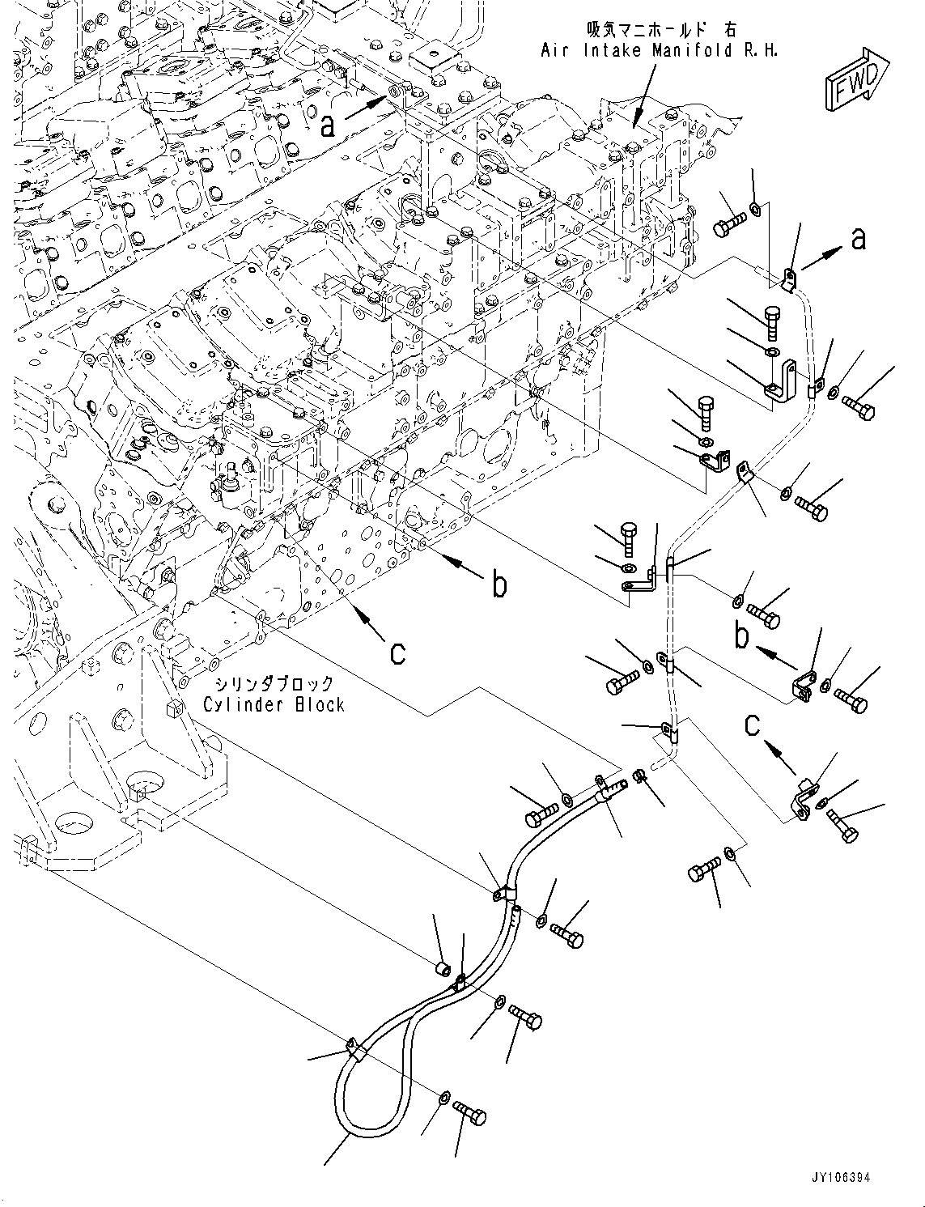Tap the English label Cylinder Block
pyautogui.click(x=274, y=705)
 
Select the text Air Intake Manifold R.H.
pyautogui.click(x=659, y=51)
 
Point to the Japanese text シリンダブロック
pyautogui.click(x=274, y=682)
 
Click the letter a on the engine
pyautogui.click(x=329, y=127)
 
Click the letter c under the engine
pyautogui.click(x=398, y=653)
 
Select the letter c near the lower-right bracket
pyautogui.click(x=753, y=725)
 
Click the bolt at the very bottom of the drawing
pyautogui.click(x=469, y=1112)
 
